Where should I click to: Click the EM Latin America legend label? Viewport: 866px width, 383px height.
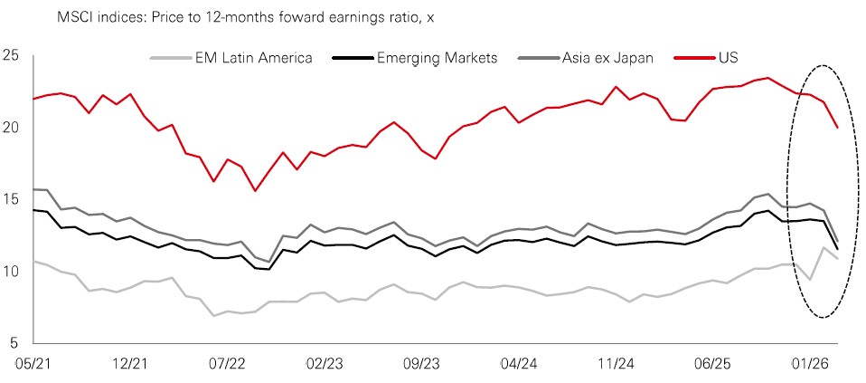click(x=253, y=58)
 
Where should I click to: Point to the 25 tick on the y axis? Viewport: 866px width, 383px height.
click(x=11, y=55)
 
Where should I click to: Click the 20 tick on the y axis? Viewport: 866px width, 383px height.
click(x=11, y=128)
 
